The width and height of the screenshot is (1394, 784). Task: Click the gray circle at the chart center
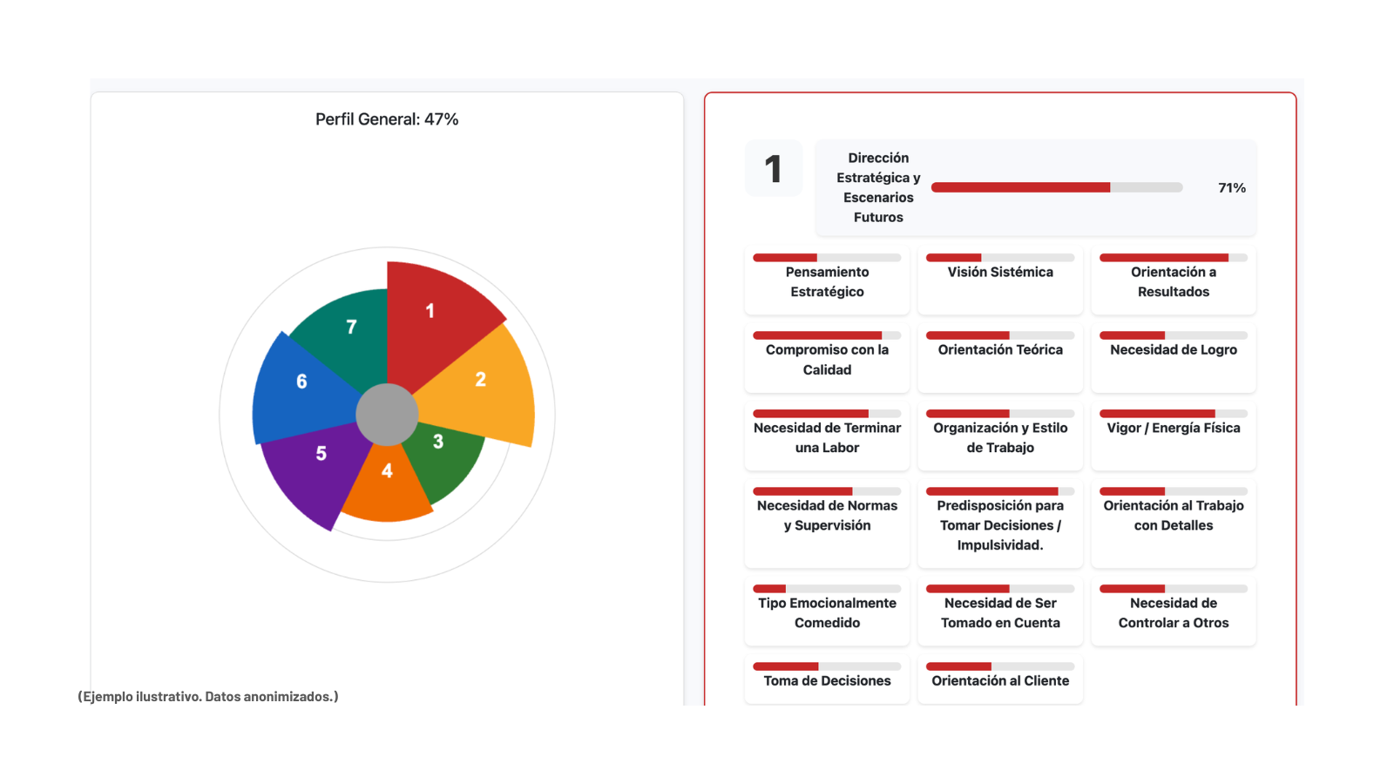387,415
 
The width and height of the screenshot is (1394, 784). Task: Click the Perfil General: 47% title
387,119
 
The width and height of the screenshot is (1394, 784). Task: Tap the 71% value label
1232,188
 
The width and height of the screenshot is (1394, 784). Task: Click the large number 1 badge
773,169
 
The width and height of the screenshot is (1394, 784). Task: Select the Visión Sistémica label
1000,272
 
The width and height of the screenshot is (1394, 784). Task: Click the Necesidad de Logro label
1173,349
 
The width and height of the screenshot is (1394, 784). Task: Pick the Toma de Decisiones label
827,680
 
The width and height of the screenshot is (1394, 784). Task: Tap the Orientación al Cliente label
1000,680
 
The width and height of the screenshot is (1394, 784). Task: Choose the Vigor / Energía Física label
1173,428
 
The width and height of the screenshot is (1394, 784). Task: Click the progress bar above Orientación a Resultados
1173,258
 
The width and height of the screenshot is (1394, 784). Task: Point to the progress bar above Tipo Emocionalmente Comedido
827,589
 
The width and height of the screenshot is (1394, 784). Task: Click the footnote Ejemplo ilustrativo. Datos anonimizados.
208,696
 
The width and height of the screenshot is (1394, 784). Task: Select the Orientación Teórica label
1000,349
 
